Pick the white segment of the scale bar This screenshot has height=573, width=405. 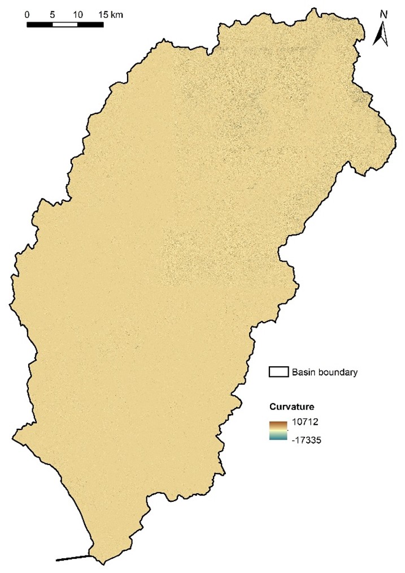65,24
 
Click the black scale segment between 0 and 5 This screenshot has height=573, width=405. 40,24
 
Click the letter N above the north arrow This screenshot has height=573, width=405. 383,14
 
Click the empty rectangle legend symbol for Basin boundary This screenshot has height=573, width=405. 278,372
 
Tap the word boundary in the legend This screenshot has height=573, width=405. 337,372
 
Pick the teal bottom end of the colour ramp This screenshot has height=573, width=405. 278,437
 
